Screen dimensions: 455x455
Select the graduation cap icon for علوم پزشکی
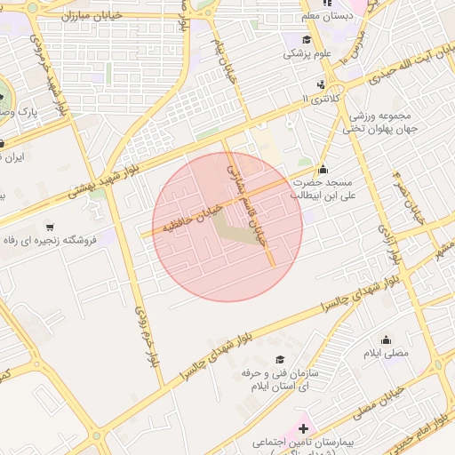pyautogui.click(x=307, y=40)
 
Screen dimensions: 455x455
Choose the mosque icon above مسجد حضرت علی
pyautogui.click(x=322, y=170)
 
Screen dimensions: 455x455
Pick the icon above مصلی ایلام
pyautogui.click(x=386, y=339)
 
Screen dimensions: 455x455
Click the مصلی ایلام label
pyautogui.click(x=386, y=353)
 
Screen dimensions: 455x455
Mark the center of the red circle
pyautogui.click(x=227, y=226)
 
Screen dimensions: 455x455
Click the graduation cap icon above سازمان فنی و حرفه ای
pyautogui.click(x=280, y=360)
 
